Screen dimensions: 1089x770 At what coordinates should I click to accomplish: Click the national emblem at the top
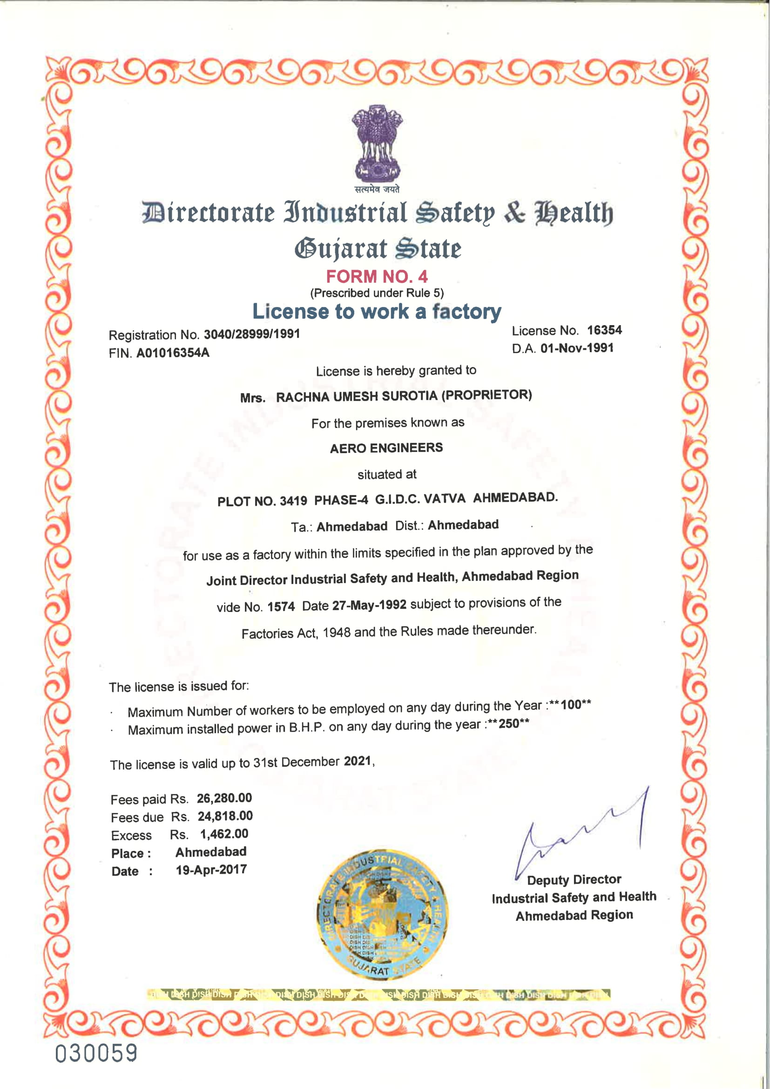coord(378,145)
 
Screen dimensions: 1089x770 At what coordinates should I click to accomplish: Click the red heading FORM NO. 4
coord(377,276)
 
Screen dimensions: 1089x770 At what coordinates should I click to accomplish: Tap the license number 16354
coord(604,330)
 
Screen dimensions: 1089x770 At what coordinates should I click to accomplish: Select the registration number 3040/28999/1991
coord(252,334)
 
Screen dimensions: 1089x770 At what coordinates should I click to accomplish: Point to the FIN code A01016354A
coord(173,353)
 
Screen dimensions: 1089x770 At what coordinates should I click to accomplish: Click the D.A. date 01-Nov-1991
coord(576,348)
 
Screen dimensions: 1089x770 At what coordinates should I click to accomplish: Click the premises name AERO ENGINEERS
coord(386,448)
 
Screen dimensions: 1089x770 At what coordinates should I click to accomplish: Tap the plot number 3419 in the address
coord(293,501)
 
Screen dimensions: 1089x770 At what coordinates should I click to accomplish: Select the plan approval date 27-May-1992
coord(369,605)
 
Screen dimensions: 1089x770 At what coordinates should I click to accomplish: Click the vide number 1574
coord(281,606)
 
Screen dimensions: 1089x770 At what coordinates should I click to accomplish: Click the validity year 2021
coord(357,761)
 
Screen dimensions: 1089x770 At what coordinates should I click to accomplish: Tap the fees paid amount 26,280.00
coord(224,798)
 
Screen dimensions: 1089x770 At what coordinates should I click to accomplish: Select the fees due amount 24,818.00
coord(225,816)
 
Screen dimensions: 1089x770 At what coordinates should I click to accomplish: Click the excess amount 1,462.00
coord(224,834)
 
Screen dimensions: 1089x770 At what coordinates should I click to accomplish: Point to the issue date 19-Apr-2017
coord(211,870)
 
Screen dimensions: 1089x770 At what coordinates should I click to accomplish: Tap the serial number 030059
coord(96,1053)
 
